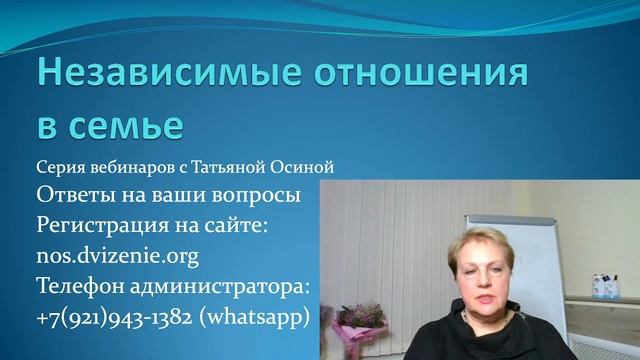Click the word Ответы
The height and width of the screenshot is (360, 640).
[x=71, y=193]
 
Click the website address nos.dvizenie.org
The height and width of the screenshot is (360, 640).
[x=117, y=256]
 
